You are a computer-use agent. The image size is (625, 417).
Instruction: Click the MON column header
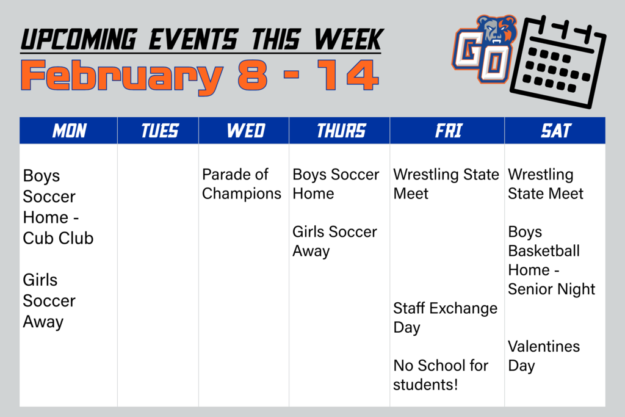coord(69,131)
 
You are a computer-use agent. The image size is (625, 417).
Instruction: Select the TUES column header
coord(159,131)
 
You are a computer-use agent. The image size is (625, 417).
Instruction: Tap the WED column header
coord(245,131)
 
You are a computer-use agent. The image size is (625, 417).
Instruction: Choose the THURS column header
coord(341,131)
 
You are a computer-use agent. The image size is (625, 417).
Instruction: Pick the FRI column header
coord(448,131)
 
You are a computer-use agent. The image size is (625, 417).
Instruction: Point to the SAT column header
coord(555,131)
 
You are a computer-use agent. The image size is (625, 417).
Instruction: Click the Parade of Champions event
coord(242,184)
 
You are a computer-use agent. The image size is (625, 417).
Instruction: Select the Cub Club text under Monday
coord(58,238)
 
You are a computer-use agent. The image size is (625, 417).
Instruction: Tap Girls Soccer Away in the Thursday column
coord(334,241)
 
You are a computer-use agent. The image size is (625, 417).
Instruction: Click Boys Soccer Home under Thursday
coord(336,184)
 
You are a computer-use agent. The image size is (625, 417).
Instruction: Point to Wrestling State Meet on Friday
coord(446,184)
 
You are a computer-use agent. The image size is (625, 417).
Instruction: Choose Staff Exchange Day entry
coord(445,317)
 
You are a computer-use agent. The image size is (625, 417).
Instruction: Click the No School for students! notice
coord(440,375)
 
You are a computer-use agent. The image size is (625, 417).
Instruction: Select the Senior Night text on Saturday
coord(552,289)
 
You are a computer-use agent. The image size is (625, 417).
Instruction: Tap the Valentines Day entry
coord(543,356)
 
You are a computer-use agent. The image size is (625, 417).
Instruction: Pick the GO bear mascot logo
coord(485,49)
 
